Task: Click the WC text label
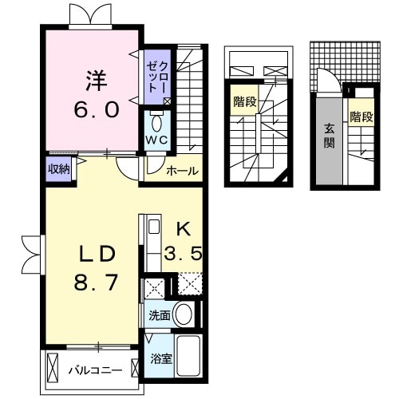tap(156, 139)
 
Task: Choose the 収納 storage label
tap(58, 168)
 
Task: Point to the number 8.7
tap(97, 282)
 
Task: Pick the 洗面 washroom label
tap(159, 315)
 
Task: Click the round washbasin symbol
tap(184, 314)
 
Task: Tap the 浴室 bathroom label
tap(161, 358)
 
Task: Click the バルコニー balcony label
tap(94, 370)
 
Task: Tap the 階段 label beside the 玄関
tap(361, 117)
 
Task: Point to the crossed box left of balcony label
tap(53, 369)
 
